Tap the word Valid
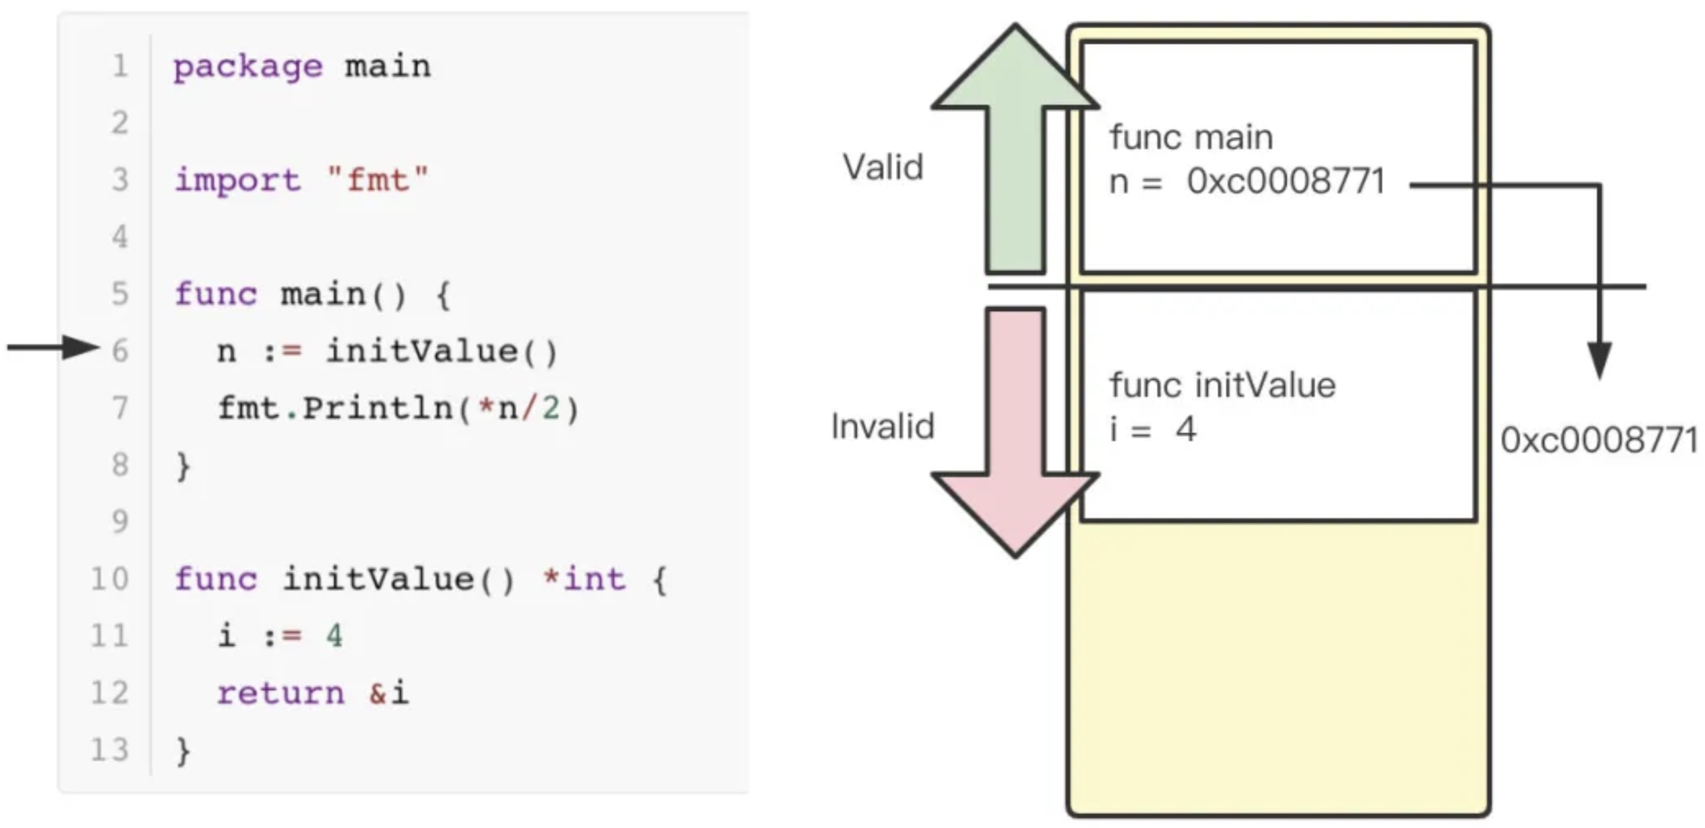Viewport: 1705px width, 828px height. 883,167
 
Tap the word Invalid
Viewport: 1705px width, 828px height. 882,427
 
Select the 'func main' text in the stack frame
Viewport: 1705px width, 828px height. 1191,138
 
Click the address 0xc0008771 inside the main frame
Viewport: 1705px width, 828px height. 1285,182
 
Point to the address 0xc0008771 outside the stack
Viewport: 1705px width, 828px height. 1599,440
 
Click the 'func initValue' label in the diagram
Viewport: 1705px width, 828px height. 1222,385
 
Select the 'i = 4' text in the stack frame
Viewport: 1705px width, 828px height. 1152,429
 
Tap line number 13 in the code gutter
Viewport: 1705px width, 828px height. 110,750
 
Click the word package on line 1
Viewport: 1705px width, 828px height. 247,67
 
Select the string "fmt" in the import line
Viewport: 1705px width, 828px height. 378,181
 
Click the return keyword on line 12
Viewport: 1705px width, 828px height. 280,693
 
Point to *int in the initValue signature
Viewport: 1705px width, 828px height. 584,579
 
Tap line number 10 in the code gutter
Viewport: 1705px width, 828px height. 110,579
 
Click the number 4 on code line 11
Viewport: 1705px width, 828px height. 334,635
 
